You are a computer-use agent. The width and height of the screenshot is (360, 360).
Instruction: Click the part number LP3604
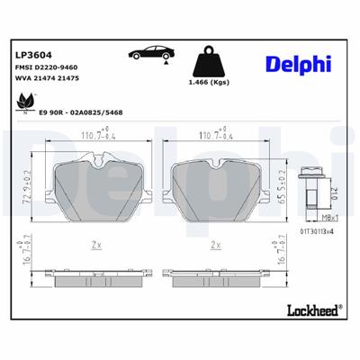pyautogui.click(x=31, y=54)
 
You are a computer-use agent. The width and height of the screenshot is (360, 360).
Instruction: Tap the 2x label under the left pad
pyautogui.click(x=95, y=244)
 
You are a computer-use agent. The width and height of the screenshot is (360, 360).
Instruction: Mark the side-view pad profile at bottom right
pyautogui.click(x=215, y=270)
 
